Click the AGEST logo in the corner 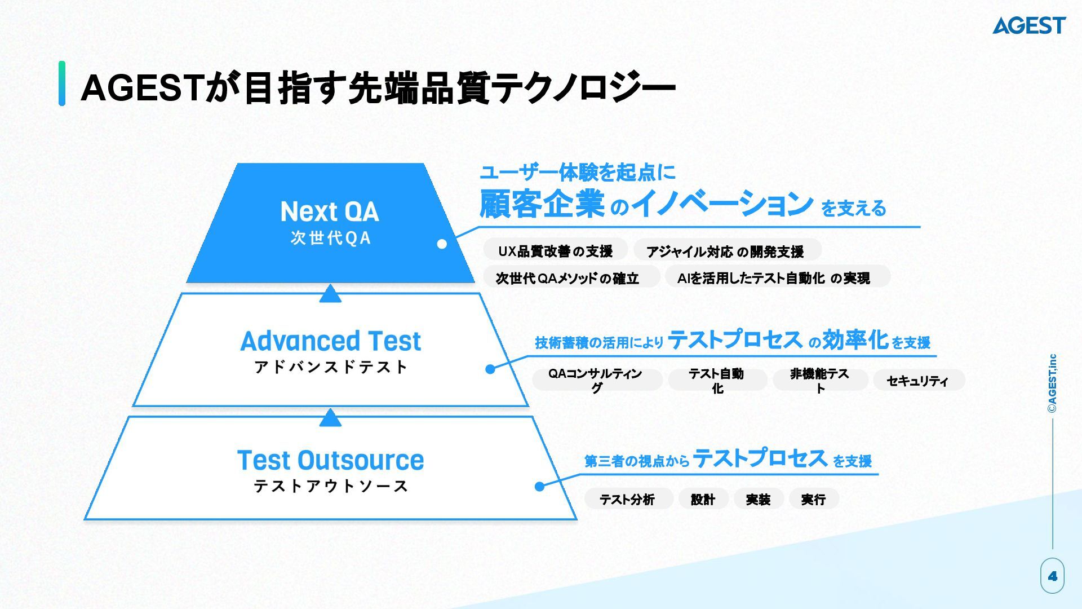click(1029, 25)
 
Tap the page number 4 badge click(1052, 576)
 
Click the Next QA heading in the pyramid click(330, 211)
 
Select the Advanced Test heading click(330, 341)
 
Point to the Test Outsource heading click(330, 460)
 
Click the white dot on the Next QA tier click(442, 244)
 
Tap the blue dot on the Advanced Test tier click(490, 369)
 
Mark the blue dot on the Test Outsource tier click(539, 486)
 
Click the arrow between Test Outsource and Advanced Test click(330, 418)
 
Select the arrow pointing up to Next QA click(330, 294)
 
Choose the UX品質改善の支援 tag click(555, 251)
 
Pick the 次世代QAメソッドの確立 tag click(567, 278)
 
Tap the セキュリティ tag click(917, 381)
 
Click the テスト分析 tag click(627, 499)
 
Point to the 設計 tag click(703, 499)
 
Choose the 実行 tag click(813, 499)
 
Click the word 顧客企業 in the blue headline click(542, 204)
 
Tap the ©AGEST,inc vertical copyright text click(1052, 383)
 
